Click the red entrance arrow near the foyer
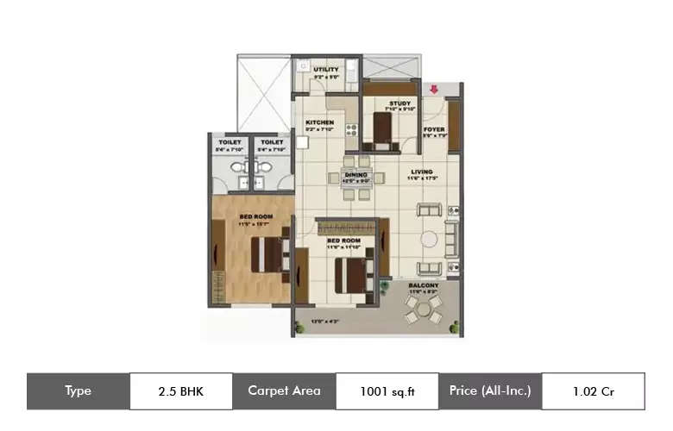(x=433, y=87)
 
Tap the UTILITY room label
(x=326, y=70)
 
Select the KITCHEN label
(x=320, y=122)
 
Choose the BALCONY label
(x=424, y=285)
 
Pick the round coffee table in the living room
(x=429, y=239)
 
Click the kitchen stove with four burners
(x=351, y=131)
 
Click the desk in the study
(x=381, y=129)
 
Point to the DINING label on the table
(x=356, y=176)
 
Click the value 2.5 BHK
(x=181, y=391)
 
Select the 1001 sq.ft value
(x=387, y=391)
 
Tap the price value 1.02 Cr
(x=593, y=391)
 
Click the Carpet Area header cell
(x=284, y=391)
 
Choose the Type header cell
(x=79, y=391)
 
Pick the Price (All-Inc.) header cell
(x=490, y=391)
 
